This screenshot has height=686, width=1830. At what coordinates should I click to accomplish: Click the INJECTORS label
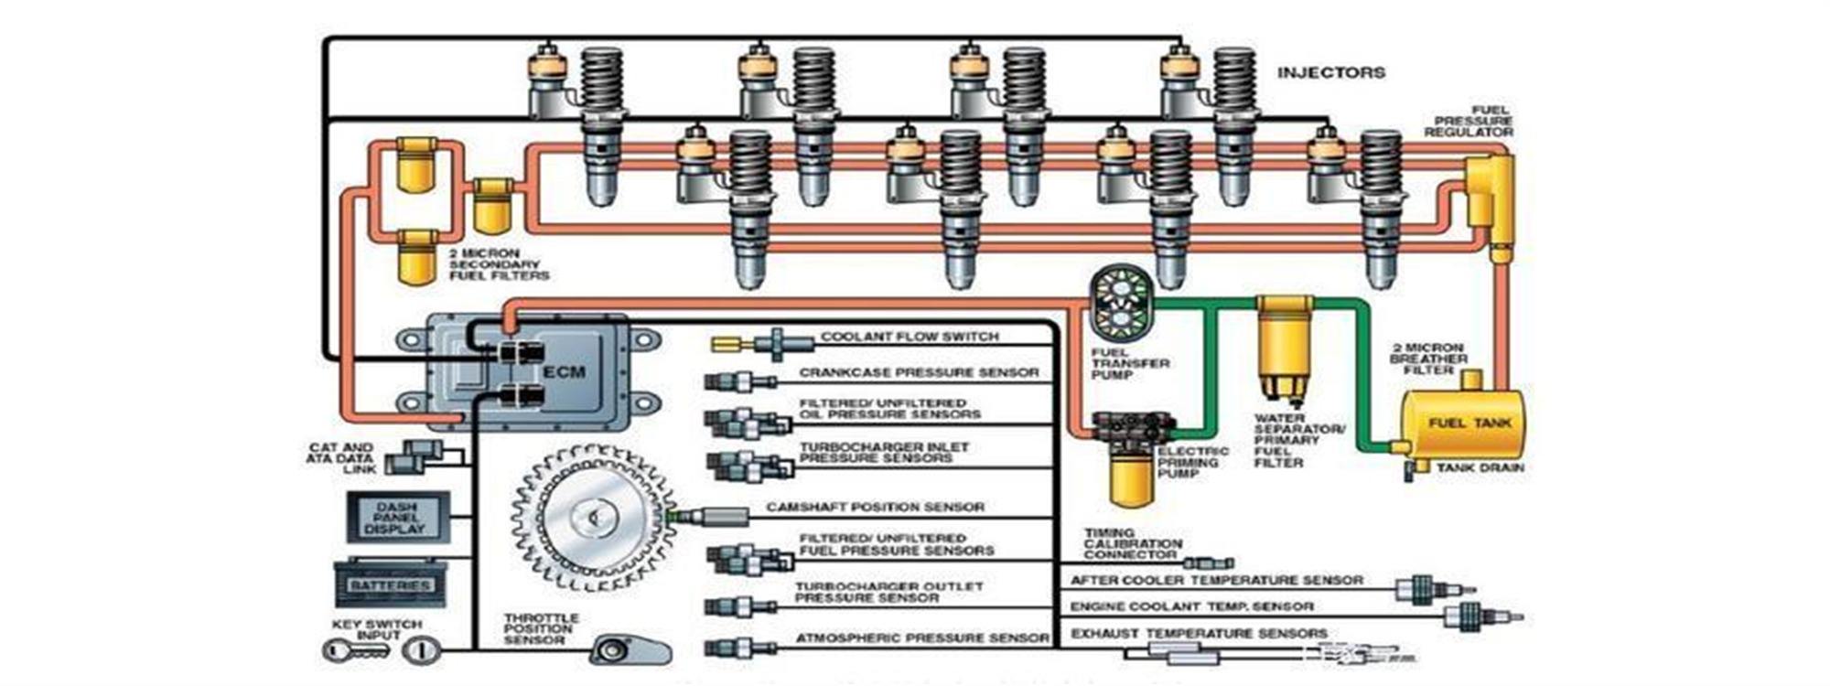coord(1330,72)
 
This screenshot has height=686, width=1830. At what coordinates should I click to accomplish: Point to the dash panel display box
coord(397,518)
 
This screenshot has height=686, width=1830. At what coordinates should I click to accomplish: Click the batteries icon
coord(391,584)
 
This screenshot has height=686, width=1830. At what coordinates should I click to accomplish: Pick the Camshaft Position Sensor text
coord(875,507)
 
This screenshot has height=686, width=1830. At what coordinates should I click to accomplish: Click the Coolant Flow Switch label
coord(910,337)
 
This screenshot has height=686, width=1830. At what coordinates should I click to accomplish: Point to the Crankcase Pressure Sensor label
coord(919,373)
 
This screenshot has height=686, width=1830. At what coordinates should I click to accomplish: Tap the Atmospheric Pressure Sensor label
coord(922,638)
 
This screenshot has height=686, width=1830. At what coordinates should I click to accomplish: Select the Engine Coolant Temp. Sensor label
coord(1191,606)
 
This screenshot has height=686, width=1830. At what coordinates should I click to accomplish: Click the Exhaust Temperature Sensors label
coord(1199,633)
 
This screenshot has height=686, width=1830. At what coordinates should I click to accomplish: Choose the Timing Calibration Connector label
coord(1132,544)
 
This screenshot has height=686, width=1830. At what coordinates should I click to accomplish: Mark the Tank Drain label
coord(1480,468)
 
